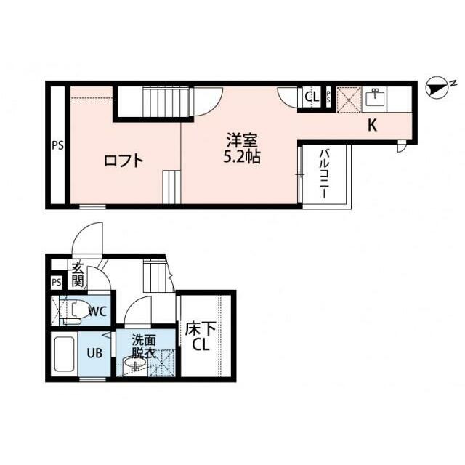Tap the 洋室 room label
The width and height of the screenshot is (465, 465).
(242, 140)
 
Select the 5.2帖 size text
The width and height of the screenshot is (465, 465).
(242, 157)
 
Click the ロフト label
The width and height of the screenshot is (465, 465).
(124, 161)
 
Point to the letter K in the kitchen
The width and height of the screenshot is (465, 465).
(373, 126)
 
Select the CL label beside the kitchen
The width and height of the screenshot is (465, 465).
(312, 97)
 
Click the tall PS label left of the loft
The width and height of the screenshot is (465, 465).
(58, 146)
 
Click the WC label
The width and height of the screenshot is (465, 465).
(98, 312)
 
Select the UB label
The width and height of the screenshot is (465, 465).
(94, 353)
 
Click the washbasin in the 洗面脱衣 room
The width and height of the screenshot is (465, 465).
(134, 363)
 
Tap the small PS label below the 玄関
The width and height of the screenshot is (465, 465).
(57, 282)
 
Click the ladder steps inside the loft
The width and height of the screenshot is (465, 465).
(171, 187)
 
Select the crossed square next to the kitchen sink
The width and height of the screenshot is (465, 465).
(349, 99)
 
